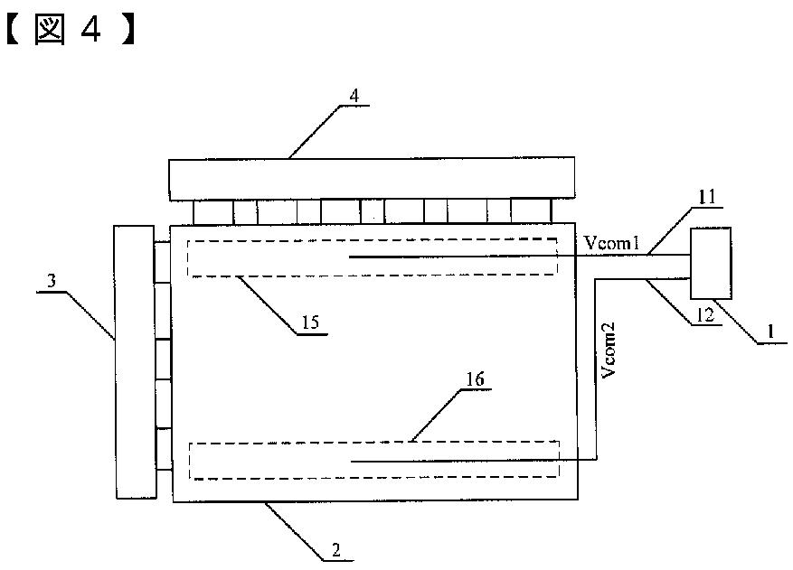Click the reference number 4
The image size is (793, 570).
click(354, 94)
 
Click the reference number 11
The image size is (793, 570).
click(706, 194)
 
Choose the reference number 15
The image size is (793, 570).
click(311, 322)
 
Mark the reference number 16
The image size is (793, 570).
click(475, 378)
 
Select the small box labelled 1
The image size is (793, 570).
click(710, 263)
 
